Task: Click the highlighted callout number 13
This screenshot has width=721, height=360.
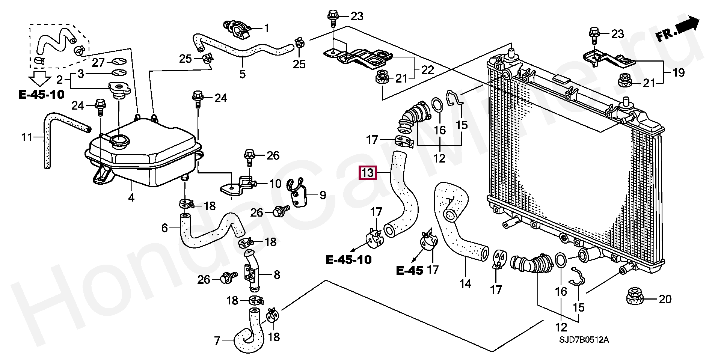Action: point(368,173)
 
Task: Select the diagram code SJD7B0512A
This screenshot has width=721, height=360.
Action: point(584,340)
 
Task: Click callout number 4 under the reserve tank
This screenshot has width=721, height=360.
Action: point(131,197)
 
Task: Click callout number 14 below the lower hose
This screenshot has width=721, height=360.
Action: point(465,283)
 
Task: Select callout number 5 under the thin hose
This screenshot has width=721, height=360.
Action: point(243,74)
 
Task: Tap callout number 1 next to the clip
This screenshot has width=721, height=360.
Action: point(266,28)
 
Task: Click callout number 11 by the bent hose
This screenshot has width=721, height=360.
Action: point(27,137)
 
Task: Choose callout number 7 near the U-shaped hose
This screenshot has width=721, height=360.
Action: point(217,341)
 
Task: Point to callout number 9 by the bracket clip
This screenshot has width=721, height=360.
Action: point(323,195)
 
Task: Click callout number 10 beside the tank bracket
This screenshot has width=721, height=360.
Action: point(275,184)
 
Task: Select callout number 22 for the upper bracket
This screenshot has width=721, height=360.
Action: point(427,70)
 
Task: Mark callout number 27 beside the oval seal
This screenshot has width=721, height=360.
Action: point(98,62)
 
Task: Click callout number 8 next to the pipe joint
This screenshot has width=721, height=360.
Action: point(277,275)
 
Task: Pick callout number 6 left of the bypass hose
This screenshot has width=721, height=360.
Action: point(164,227)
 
